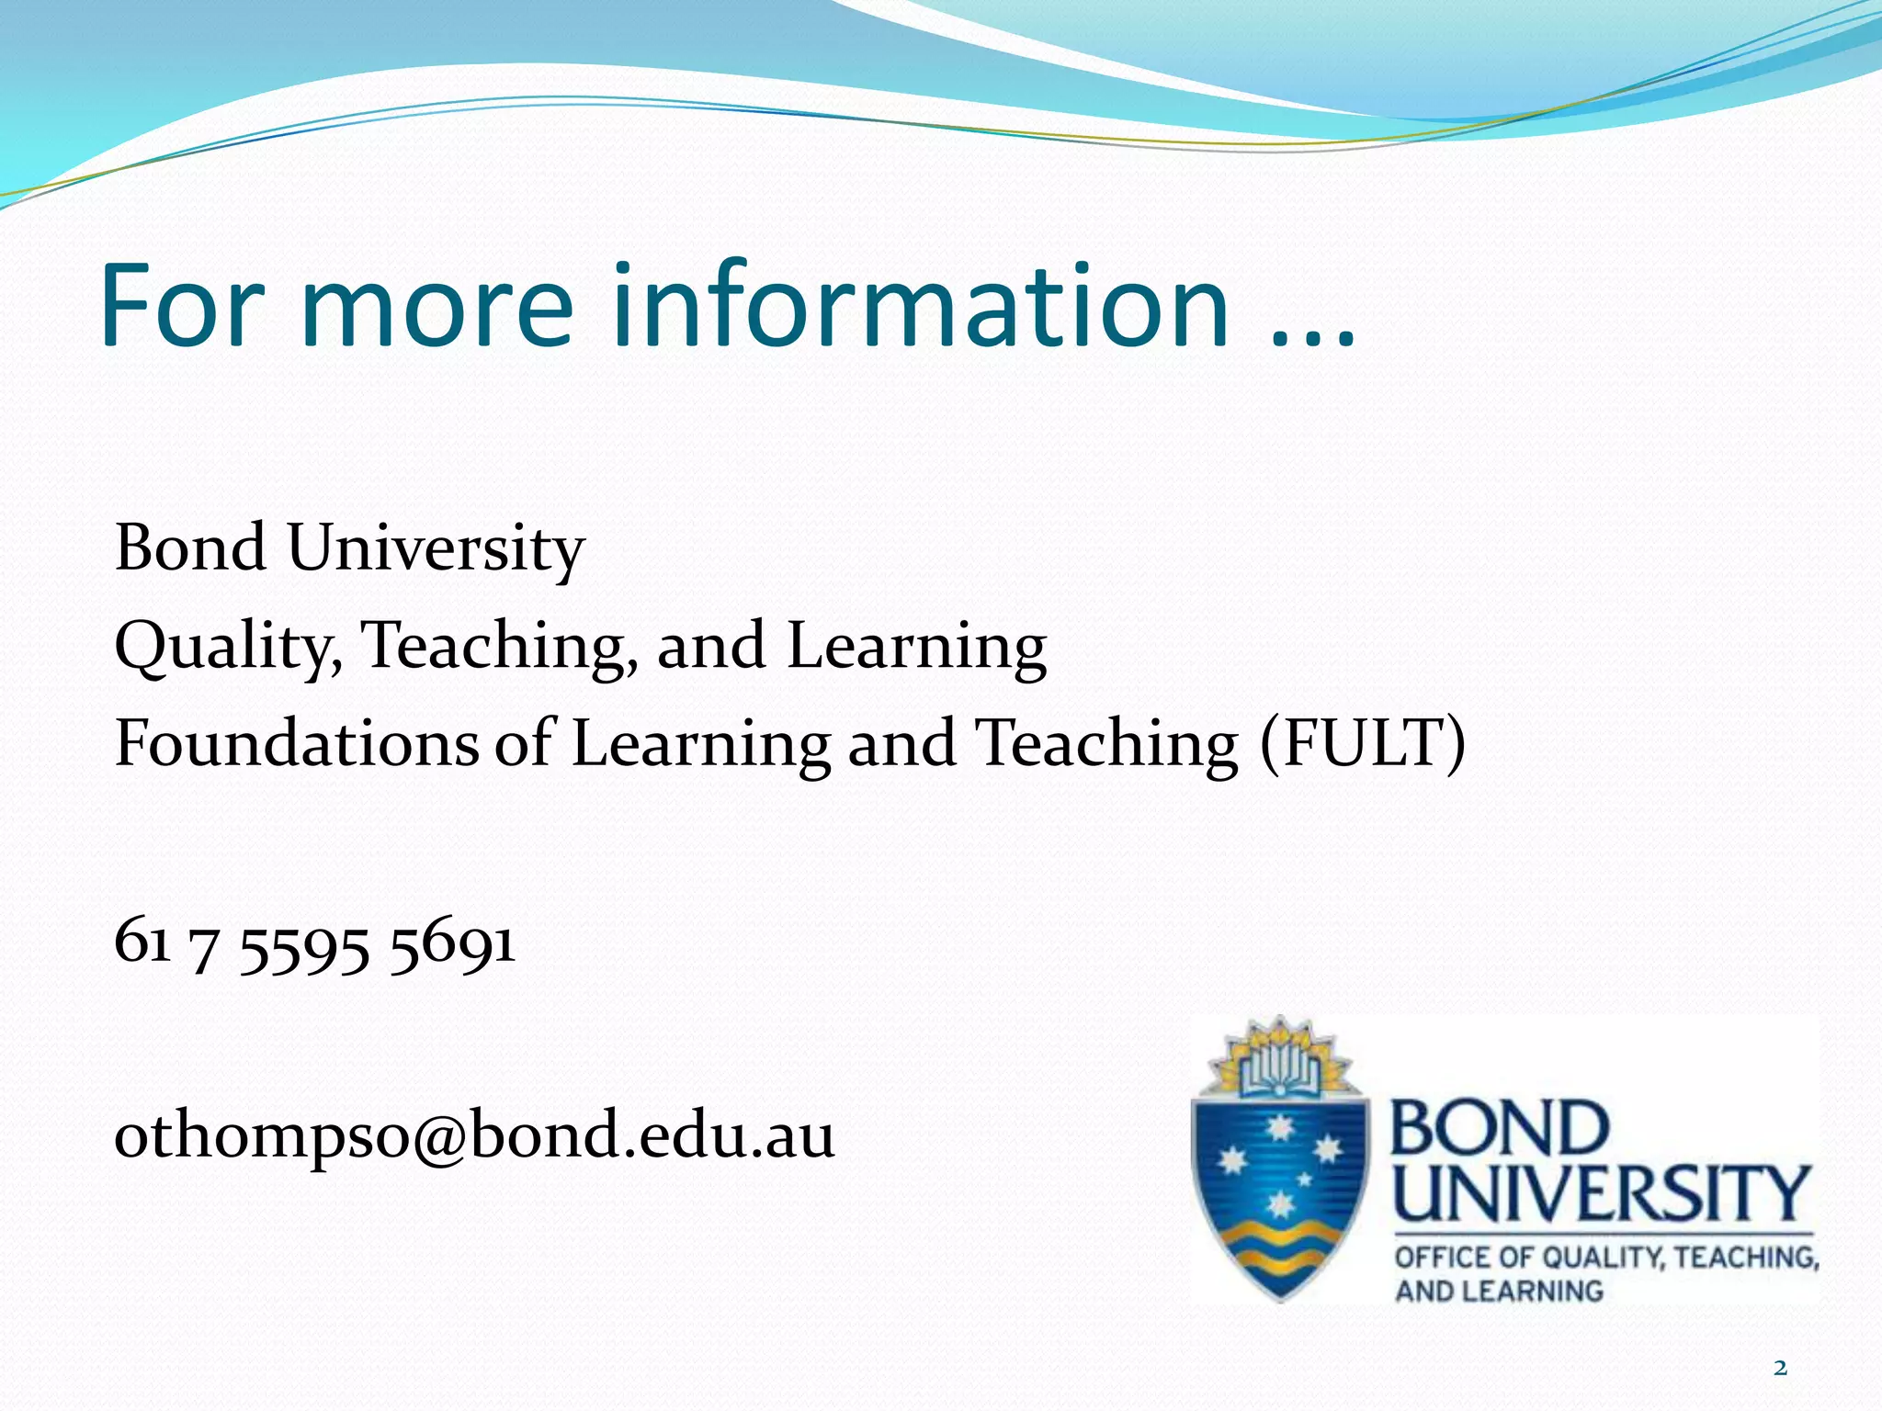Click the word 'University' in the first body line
click(x=436, y=549)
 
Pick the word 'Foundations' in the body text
click(x=296, y=742)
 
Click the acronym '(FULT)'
click(x=1363, y=742)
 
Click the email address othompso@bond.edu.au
click(x=474, y=1135)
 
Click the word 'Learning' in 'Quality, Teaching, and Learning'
click(x=916, y=645)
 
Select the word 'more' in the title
click(x=436, y=309)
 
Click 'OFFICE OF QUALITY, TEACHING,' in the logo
click(x=1606, y=1257)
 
